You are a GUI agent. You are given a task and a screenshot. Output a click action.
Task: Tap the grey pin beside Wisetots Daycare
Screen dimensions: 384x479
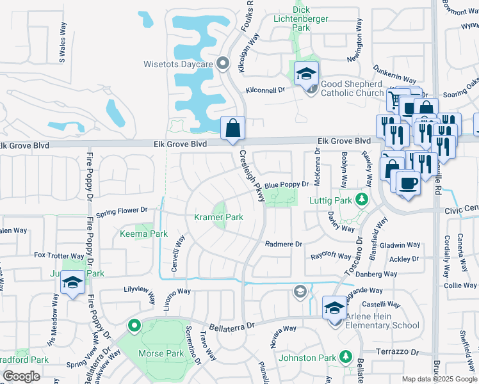(x=223, y=63)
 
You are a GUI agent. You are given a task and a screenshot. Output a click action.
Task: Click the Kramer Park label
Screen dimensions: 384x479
(x=218, y=218)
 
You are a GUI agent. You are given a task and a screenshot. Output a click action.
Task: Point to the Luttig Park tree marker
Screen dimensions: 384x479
(x=362, y=200)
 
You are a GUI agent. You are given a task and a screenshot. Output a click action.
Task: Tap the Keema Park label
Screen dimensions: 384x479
(x=144, y=234)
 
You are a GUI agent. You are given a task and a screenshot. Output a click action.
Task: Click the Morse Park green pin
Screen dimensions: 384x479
(x=134, y=326)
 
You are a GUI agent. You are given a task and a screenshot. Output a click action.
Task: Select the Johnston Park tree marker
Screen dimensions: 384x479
(x=346, y=356)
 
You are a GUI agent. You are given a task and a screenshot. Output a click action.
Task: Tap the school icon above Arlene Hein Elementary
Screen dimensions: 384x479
(x=334, y=308)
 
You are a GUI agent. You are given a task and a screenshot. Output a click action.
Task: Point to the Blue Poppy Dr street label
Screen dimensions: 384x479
(x=287, y=184)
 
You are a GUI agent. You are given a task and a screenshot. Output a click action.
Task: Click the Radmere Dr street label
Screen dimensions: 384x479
(x=283, y=244)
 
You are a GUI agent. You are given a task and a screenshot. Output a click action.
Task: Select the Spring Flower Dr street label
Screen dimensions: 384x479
(x=122, y=209)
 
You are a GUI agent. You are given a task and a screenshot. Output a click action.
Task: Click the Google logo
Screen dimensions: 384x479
(x=22, y=377)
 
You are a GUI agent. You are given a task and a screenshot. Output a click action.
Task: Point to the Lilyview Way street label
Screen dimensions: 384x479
(x=140, y=290)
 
